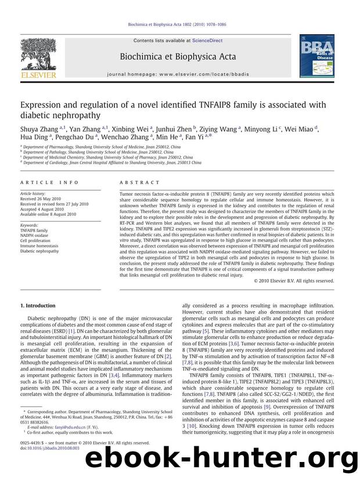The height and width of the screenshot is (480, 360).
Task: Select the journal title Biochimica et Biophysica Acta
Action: [x=180, y=57]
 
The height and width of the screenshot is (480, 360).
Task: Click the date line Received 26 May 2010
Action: [x=43, y=199]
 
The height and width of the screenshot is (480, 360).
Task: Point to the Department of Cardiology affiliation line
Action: [x=111, y=163]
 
